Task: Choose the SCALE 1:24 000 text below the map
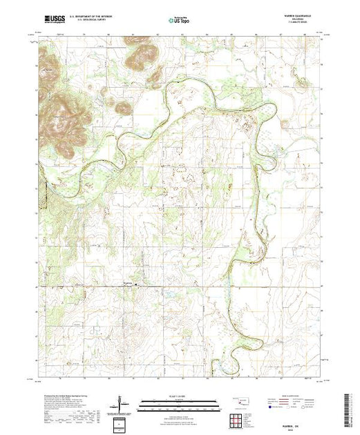179,396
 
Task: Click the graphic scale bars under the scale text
179,404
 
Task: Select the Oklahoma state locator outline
239,400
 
